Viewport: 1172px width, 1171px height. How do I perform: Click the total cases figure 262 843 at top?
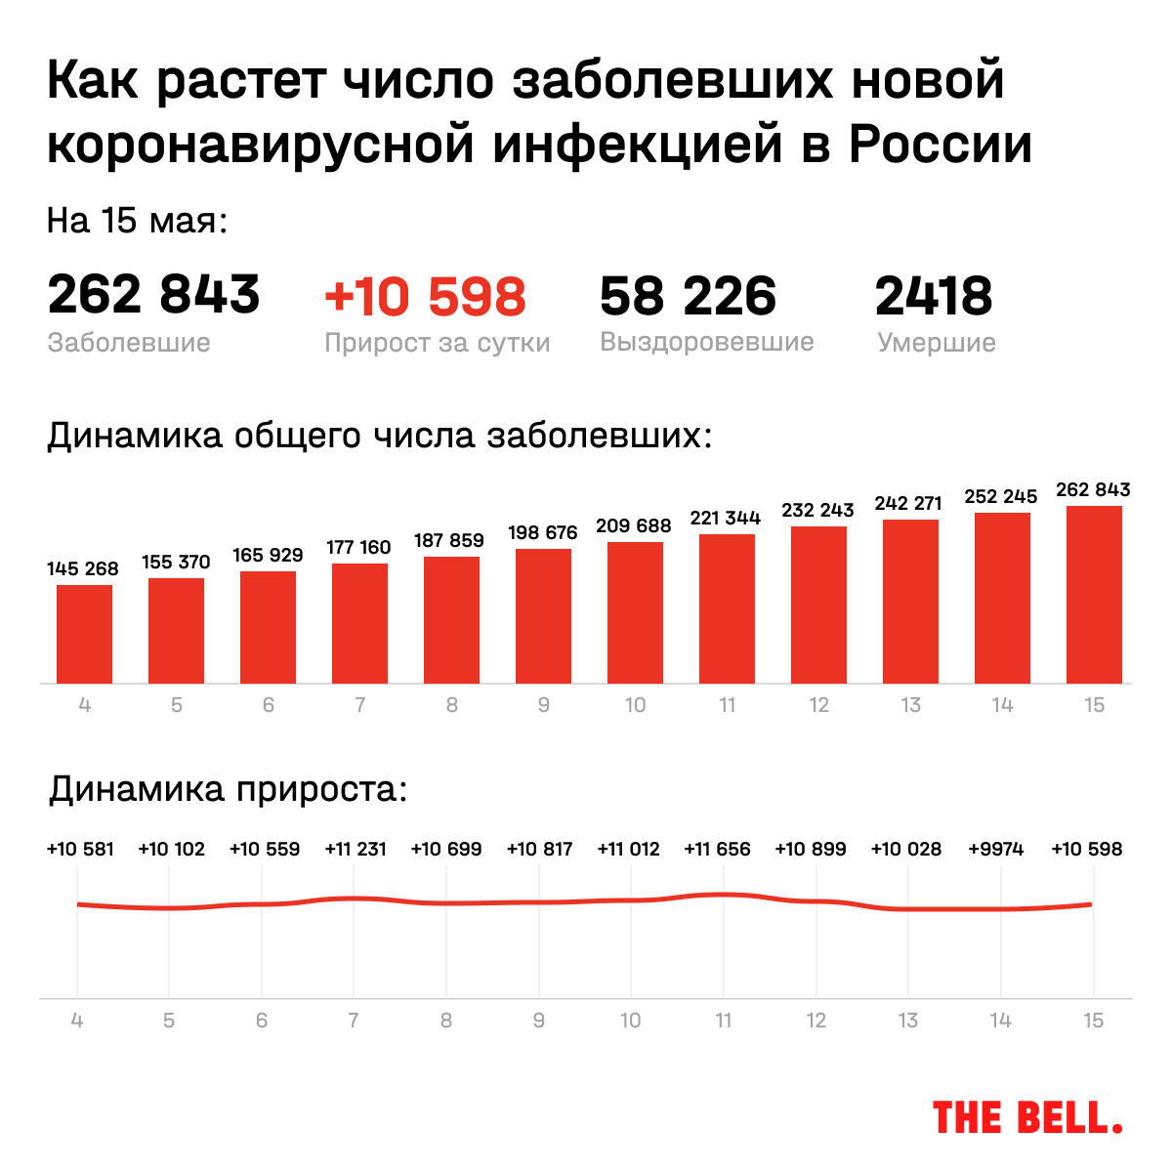coord(153,295)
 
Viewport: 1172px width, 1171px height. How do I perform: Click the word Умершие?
coord(936,343)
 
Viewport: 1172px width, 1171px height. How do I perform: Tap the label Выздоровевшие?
coord(706,343)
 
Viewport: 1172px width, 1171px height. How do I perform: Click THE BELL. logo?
coord(1027,1117)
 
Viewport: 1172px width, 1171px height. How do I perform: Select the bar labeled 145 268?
coord(84,634)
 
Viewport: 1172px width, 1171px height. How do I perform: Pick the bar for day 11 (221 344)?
coord(727,608)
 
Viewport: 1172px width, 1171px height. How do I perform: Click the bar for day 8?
coord(451,619)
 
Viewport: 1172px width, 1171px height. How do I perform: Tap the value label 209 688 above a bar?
coord(634,525)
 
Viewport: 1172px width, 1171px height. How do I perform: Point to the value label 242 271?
coord(908,503)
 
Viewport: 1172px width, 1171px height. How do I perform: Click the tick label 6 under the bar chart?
coord(268,705)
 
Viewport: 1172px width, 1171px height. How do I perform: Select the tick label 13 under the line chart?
coord(908,1021)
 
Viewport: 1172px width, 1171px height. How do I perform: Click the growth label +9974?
coord(996,850)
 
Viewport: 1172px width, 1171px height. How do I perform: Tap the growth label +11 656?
coord(718,850)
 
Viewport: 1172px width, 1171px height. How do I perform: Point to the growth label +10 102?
coord(172,850)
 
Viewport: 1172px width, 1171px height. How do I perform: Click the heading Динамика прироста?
coord(228,788)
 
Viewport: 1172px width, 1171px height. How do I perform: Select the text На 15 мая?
coord(137,221)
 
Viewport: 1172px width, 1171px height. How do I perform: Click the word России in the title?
coord(941,145)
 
